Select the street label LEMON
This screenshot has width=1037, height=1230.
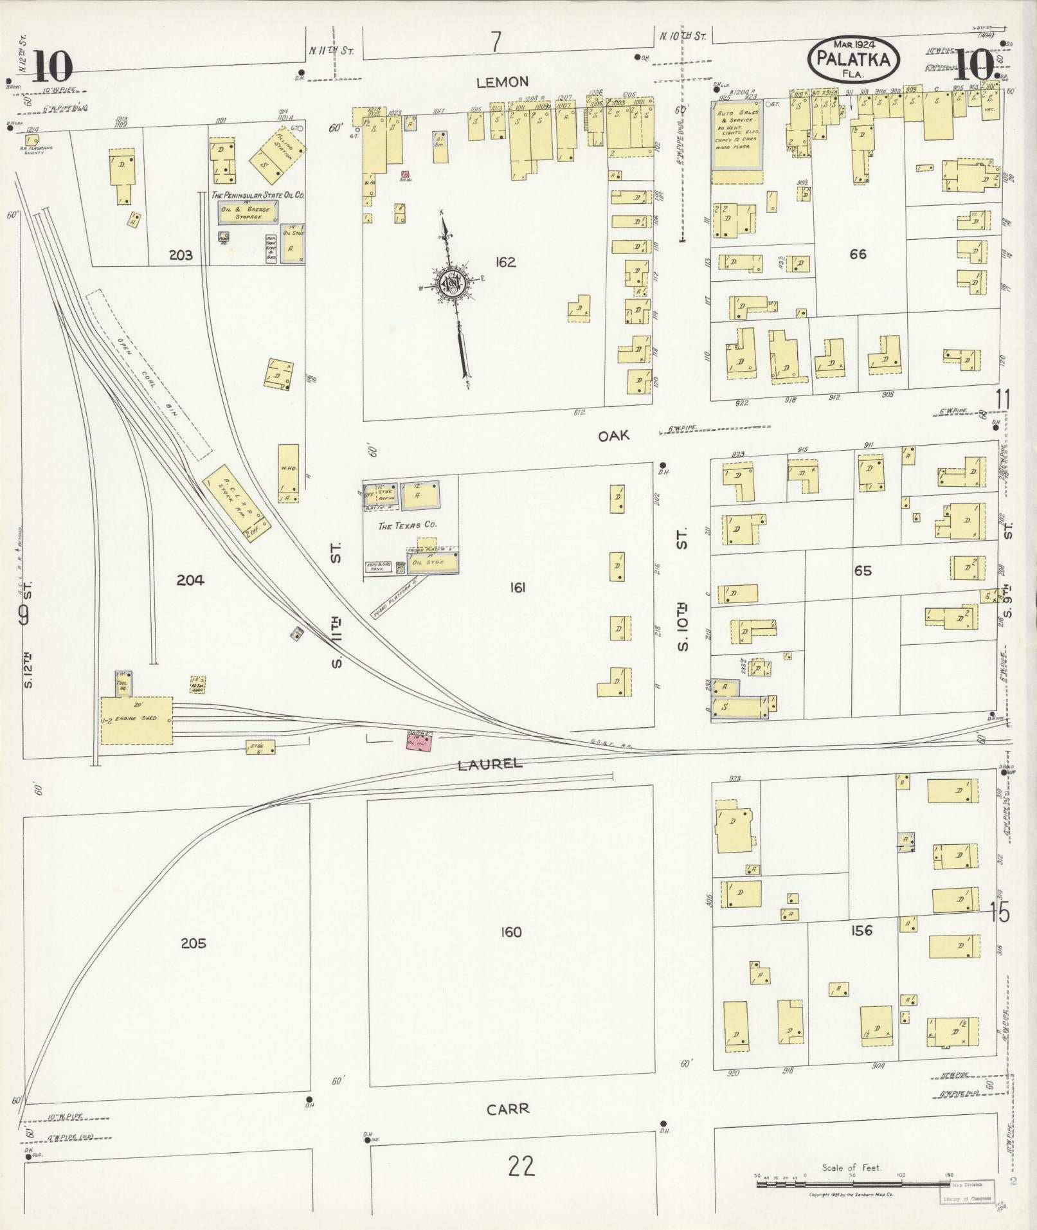coord(503,82)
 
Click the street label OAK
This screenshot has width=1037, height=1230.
coord(614,436)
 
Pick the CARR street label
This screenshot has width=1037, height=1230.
coord(508,1109)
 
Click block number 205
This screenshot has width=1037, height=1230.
coord(193,943)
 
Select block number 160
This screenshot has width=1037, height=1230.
coord(511,932)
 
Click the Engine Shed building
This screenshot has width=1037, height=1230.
coord(136,720)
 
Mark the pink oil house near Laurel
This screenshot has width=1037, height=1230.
coord(419,741)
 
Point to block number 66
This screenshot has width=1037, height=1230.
coord(858,254)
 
